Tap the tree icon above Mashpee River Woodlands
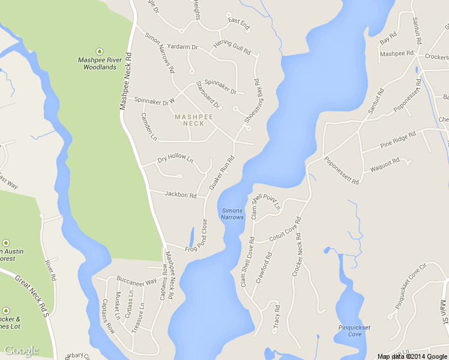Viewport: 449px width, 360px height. pos(99,50)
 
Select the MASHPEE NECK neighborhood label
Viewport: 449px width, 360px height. pos(189,120)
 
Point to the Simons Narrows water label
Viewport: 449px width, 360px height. pos(232,214)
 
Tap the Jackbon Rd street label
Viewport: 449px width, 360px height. pos(181,195)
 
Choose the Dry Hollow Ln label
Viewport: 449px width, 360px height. pos(175,160)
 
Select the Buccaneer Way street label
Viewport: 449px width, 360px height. pos(136,280)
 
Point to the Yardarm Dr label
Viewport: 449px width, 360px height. pos(183,47)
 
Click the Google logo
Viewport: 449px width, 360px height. pos(22,350)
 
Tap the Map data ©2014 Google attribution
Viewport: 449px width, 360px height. pos(412,356)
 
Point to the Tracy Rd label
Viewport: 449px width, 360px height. pos(277,316)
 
